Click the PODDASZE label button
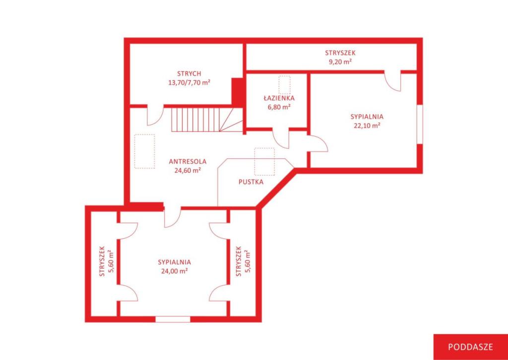click(470, 347)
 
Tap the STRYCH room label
click(189, 73)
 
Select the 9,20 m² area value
click(340, 62)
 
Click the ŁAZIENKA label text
click(279, 98)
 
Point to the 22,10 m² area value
click(367, 126)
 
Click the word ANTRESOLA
click(188, 161)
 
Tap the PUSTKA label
click(251, 182)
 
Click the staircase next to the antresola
click(207, 120)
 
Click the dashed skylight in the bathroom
click(284, 85)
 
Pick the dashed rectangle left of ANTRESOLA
click(144, 151)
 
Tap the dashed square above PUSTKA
click(264, 162)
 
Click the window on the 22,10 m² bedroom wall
click(420, 124)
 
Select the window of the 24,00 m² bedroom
click(173, 319)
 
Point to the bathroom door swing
click(281, 139)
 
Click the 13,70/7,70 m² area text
click(189, 83)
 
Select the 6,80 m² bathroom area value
click(279, 107)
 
